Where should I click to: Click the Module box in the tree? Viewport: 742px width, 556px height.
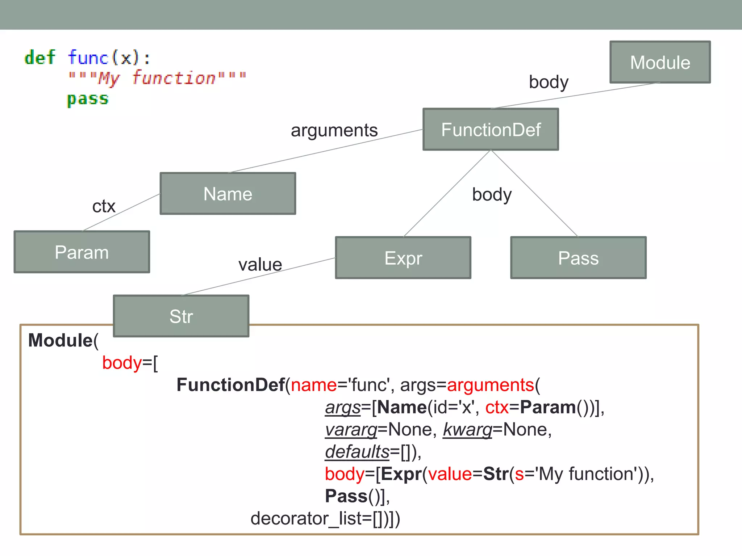[660, 62]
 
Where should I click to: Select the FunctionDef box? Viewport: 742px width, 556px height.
[491, 130]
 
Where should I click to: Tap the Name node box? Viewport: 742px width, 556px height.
[228, 194]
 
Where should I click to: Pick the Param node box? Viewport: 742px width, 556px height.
[82, 252]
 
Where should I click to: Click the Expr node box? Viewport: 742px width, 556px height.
[403, 258]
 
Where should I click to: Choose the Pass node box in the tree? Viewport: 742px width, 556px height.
[578, 258]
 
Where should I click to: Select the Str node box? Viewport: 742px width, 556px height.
[181, 316]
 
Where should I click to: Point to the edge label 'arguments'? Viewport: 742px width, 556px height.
[334, 130]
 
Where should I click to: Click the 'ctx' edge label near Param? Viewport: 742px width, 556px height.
[104, 206]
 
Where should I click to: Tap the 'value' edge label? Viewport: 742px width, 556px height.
[260, 265]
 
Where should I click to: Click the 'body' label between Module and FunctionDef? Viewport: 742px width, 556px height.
[549, 82]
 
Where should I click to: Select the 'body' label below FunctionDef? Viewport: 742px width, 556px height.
[492, 195]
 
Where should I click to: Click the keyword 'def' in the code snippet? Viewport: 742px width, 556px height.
[40, 58]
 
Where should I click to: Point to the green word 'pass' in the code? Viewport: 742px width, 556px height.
[88, 99]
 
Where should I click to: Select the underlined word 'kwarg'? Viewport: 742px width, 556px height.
[467, 430]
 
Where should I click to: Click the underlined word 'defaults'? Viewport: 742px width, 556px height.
[357, 452]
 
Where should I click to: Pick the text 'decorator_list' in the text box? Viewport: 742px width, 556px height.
[306, 518]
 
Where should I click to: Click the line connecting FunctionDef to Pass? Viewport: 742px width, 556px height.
[534, 194]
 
